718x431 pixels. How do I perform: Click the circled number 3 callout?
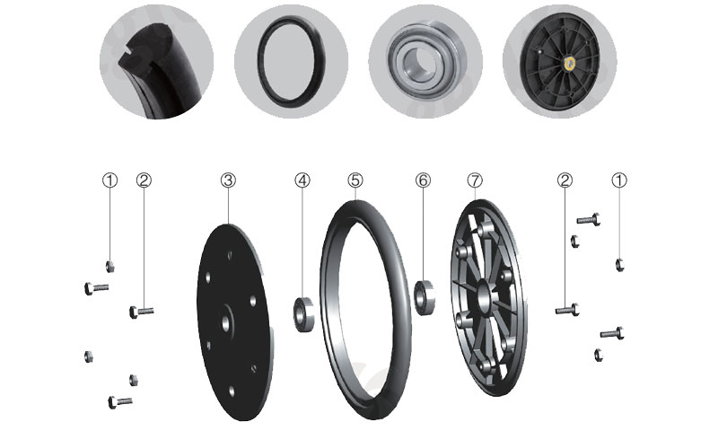point(228,180)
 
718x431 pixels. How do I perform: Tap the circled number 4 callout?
point(302,180)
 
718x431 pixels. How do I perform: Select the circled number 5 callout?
point(355,180)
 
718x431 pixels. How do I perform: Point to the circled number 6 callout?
point(423,180)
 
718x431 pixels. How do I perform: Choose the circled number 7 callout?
point(476,180)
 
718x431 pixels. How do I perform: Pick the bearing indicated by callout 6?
point(425,298)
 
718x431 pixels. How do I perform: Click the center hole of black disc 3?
point(226,323)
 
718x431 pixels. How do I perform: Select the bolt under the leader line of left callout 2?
point(142,312)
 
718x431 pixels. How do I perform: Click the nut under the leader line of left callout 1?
point(109,266)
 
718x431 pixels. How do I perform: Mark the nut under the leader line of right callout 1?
point(619,265)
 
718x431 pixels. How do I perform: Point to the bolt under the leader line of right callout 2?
point(568,310)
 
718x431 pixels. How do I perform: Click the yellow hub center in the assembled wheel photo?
point(570,63)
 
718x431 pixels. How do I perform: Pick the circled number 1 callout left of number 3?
point(109,180)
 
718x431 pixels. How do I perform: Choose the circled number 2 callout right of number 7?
point(565,180)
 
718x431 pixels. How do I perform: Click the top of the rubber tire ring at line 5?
point(356,202)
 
